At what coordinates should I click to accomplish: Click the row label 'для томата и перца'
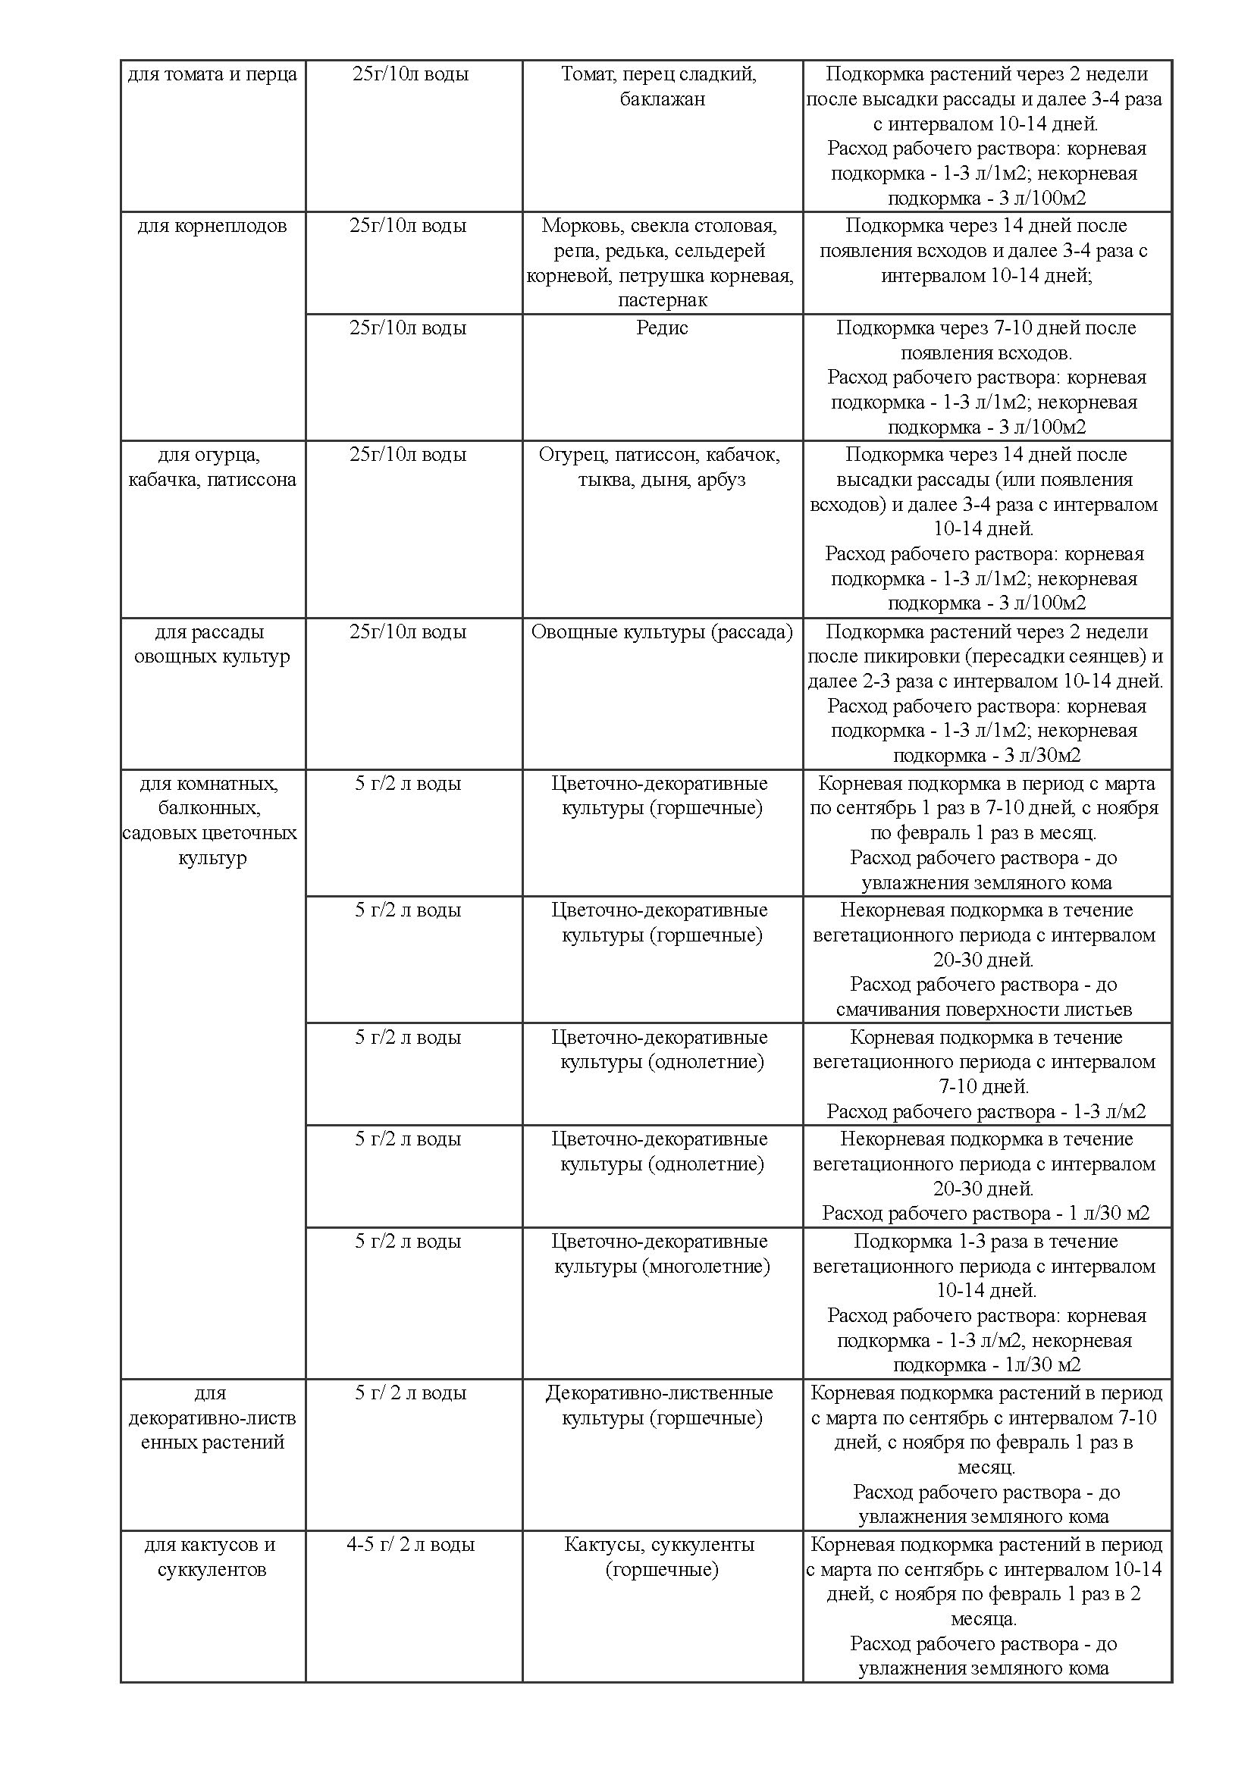(212, 75)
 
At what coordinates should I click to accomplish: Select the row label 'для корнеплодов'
(212, 226)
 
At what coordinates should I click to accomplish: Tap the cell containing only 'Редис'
(662, 328)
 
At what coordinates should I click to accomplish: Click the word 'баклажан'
(662, 99)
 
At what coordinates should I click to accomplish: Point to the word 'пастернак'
(662, 299)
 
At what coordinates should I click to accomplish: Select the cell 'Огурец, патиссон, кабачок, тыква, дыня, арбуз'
(662, 467)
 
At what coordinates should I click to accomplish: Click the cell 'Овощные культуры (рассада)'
(662, 631)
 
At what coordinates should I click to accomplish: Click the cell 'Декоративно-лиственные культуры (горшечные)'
(662, 1405)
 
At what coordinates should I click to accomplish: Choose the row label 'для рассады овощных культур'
(212, 644)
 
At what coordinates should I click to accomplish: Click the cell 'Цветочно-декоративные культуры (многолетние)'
(662, 1253)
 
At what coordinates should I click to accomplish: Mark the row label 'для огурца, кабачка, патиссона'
(212, 467)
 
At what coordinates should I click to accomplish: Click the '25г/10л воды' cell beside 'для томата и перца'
(410, 75)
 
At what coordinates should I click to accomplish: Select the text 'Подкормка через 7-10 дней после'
(986, 328)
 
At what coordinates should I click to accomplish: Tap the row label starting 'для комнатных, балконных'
(212, 821)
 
